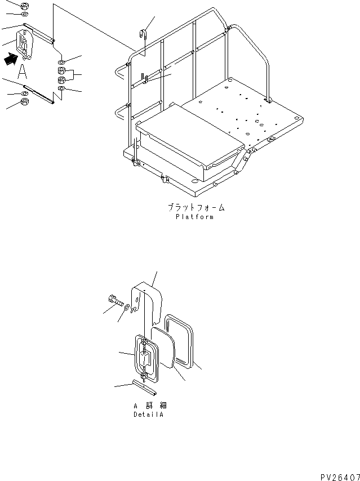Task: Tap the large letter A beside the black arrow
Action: (22, 71)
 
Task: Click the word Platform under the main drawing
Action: (194, 217)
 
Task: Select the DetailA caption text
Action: (150, 415)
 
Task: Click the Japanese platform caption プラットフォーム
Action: (194, 208)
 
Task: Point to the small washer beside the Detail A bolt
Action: (127, 307)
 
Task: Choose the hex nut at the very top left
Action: (24, 6)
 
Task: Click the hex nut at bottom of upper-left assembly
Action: (25, 102)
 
